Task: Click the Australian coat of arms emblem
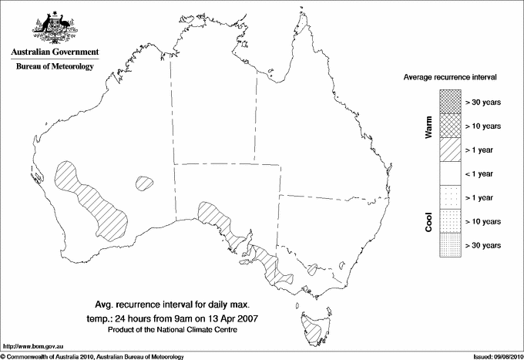point(54,28)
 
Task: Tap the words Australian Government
point(54,53)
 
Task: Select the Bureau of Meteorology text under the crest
point(54,67)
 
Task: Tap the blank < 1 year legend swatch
point(449,173)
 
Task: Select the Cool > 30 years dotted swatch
point(449,245)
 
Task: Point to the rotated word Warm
point(428,126)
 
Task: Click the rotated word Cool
point(428,220)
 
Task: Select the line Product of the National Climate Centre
point(183,330)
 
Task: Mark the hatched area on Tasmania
point(312,330)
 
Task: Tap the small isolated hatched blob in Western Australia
point(143,183)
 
